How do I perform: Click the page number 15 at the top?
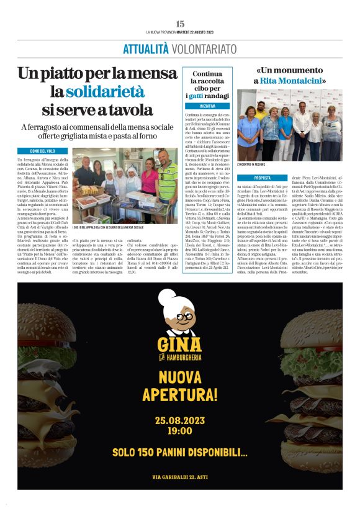click(x=180, y=23)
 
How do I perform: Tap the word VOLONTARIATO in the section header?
click(x=203, y=48)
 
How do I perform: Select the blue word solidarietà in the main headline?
click(x=105, y=92)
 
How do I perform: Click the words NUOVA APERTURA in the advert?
click(x=180, y=386)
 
